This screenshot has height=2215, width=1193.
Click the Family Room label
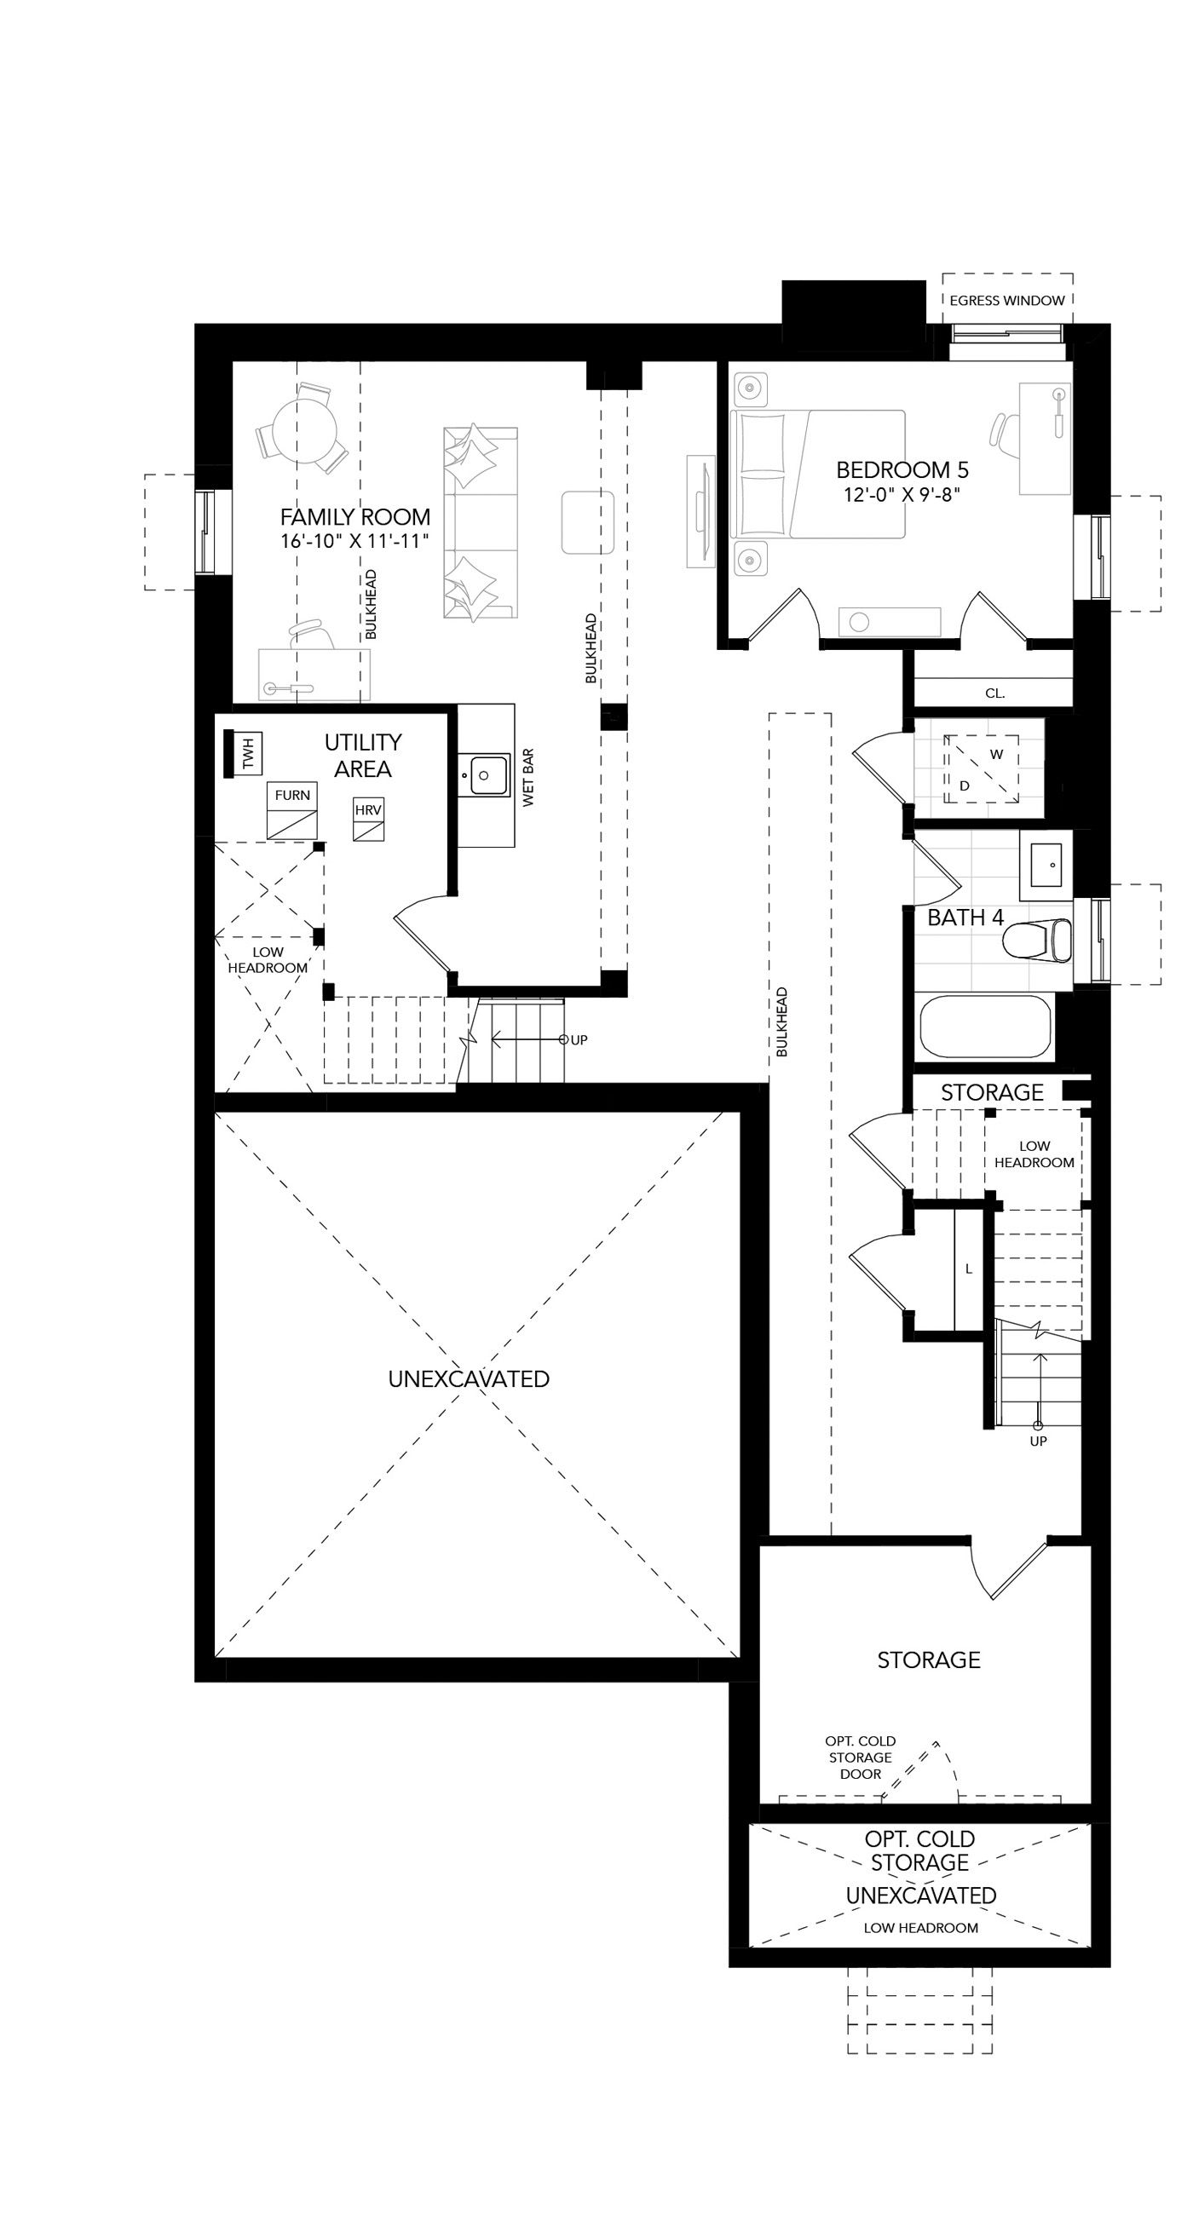tap(355, 517)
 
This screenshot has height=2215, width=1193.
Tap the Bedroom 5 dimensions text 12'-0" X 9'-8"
tap(902, 494)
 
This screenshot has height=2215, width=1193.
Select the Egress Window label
tap(1007, 300)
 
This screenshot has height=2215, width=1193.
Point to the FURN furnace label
tap(292, 796)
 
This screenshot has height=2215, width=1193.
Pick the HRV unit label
tap(368, 810)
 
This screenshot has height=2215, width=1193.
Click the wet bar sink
tap(484, 774)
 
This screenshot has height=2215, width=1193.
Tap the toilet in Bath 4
tap(1037, 940)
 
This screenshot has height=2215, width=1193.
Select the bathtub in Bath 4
tap(987, 1027)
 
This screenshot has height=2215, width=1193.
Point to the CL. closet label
tap(994, 693)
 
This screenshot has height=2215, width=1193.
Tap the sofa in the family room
tap(481, 523)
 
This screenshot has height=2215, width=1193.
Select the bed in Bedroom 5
tap(818, 474)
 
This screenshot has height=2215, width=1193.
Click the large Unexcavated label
tap(469, 1378)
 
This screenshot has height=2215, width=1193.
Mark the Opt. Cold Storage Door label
tap(860, 1758)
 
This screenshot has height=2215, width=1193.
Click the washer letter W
tap(997, 755)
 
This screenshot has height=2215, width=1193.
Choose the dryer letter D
tap(965, 786)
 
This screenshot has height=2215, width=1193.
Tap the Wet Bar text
tap(528, 776)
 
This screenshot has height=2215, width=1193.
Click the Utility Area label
tap(363, 755)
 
